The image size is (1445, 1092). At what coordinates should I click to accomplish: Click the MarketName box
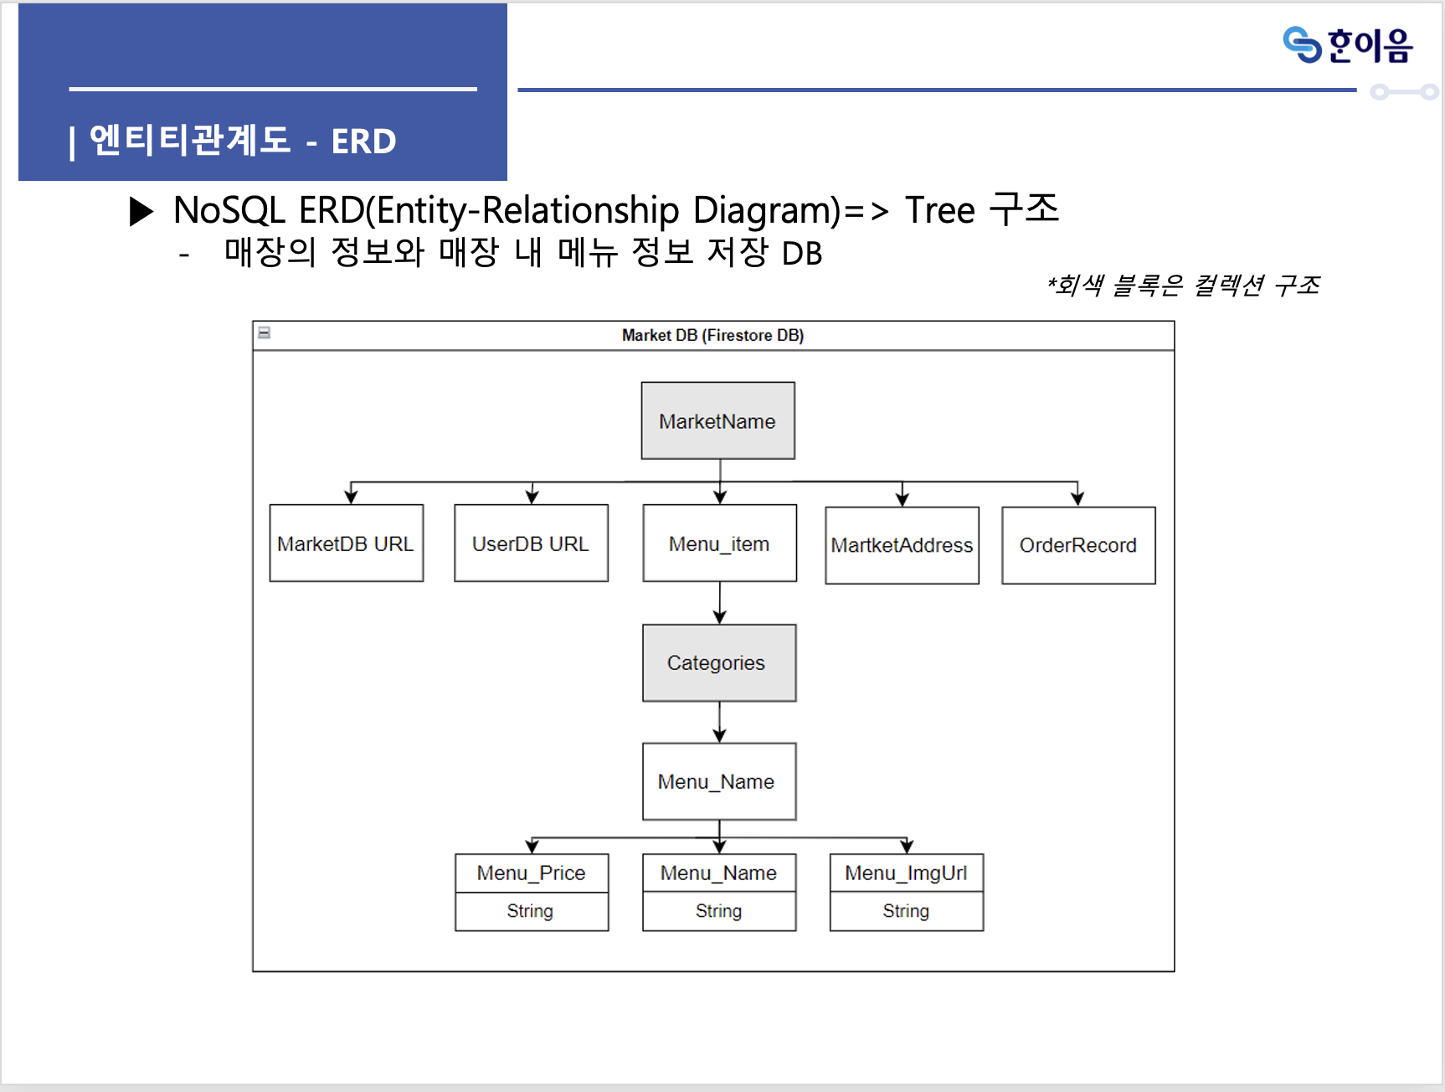[717, 420]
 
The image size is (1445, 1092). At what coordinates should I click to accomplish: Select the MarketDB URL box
[346, 543]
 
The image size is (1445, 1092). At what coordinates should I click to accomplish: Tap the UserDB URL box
[531, 543]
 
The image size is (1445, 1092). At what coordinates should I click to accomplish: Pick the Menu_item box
[719, 543]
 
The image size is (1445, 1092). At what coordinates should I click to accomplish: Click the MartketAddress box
[902, 545]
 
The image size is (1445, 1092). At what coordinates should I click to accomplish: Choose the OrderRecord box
[1078, 545]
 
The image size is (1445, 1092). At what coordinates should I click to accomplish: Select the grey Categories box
[718, 662]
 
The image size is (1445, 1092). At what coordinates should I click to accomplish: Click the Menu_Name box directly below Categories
[718, 781]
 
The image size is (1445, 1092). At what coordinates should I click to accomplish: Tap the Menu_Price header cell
[532, 873]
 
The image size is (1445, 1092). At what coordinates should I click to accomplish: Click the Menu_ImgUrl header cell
[906, 873]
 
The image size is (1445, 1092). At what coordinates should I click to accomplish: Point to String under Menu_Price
[530, 911]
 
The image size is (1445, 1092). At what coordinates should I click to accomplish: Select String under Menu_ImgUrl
[906, 911]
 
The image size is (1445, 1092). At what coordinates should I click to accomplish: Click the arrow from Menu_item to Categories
[720, 603]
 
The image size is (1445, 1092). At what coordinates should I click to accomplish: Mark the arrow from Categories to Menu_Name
[720, 722]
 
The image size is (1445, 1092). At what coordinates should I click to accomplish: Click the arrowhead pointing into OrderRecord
[1077, 499]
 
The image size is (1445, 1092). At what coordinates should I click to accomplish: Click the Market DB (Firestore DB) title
[712, 336]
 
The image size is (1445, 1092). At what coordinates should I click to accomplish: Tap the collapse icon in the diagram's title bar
[265, 333]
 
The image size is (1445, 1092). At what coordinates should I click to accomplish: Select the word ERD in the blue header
[363, 142]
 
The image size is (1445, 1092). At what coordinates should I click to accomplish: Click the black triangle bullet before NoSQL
[141, 211]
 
